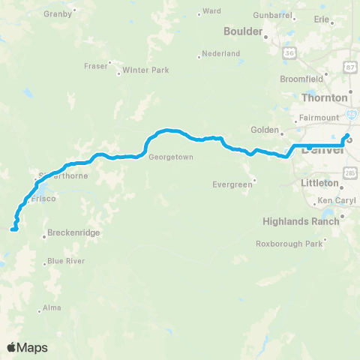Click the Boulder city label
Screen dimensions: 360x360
(243, 31)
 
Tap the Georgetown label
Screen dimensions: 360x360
(171, 157)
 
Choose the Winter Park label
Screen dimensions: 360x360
(146, 70)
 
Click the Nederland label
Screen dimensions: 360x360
(221, 53)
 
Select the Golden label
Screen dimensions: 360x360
(265, 129)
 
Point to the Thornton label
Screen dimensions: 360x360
(324, 97)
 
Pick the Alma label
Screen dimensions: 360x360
(52, 307)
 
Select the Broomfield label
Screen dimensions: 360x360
(322, 79)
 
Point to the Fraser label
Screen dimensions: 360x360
(95, 65)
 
